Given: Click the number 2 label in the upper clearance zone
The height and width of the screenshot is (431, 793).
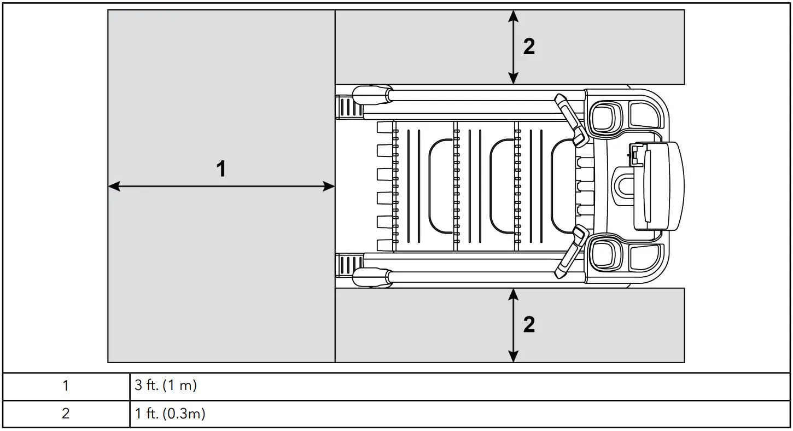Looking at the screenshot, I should point(529,48).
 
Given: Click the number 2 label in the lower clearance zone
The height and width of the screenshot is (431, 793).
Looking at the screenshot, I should point(529,325).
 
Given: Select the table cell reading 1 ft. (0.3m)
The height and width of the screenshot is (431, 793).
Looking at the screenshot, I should point(170,414).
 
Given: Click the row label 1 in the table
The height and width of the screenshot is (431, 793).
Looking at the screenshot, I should point(66,386).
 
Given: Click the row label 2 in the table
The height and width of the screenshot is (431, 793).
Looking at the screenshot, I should point(66,414).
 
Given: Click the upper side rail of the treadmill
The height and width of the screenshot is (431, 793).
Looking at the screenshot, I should point(470,95).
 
